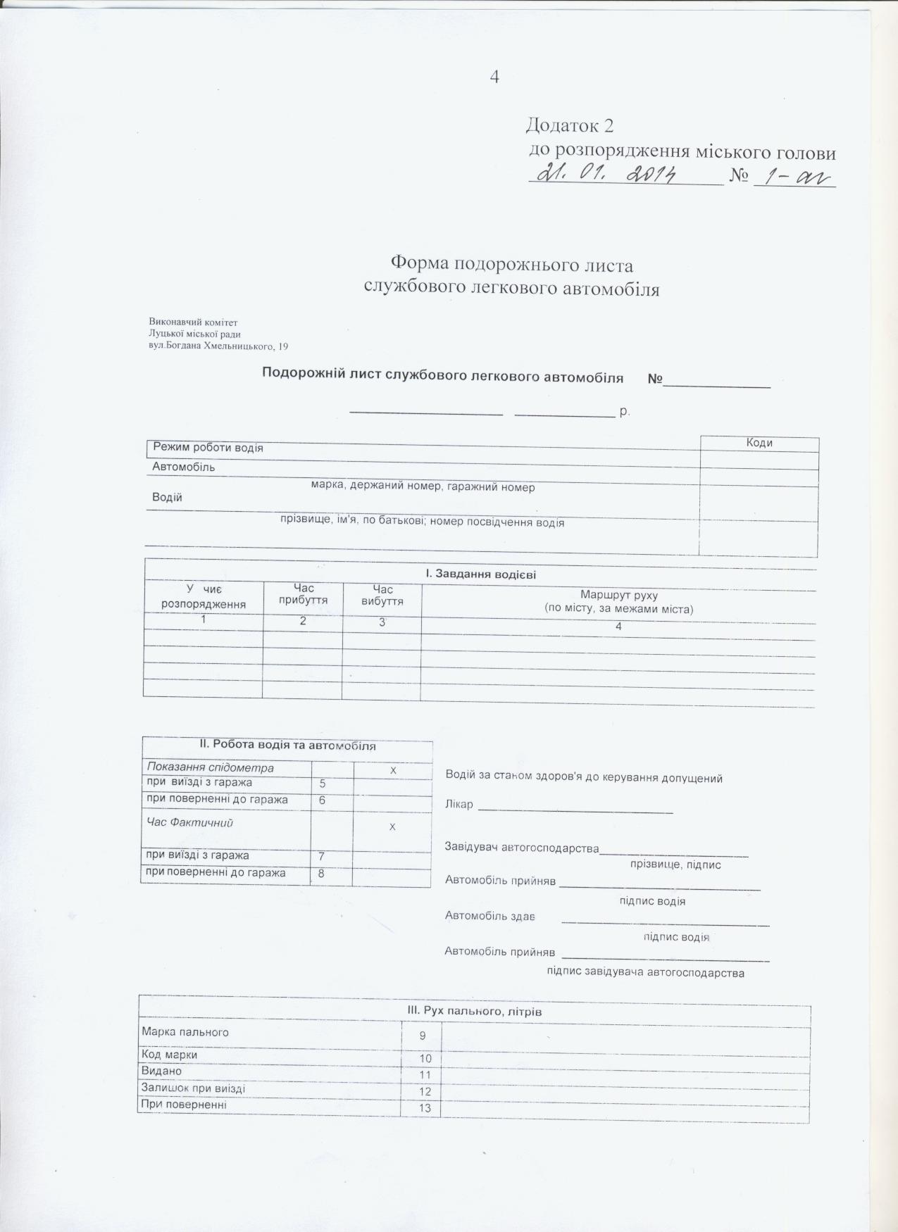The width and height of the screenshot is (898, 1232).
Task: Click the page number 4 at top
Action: point(494,77)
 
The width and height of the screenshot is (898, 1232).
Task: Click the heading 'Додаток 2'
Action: point(569,125)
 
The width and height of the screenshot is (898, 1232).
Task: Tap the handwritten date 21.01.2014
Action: point(606,172)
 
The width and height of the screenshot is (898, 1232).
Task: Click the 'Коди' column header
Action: point(759,443)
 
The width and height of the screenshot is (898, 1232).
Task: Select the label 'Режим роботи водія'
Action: point(208,448)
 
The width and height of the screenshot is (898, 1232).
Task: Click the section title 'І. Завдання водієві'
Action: point(480,574)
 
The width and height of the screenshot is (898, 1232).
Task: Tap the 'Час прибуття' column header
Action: point(303,594)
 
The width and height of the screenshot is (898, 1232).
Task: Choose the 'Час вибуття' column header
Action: point(382,595)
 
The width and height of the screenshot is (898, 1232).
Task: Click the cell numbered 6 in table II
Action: point(323,801)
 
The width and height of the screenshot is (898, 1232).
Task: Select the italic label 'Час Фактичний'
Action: point(189,822)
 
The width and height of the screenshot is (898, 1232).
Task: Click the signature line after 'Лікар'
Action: point(575,810)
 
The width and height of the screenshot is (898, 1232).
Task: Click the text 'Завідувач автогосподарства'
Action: point(521,848)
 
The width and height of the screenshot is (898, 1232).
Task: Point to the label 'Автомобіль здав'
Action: point(489,915)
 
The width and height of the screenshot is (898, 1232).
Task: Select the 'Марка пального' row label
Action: point(185,1032)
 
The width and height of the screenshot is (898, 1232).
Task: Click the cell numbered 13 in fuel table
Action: point(425,1108)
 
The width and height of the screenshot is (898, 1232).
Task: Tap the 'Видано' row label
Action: point(162,1071)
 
